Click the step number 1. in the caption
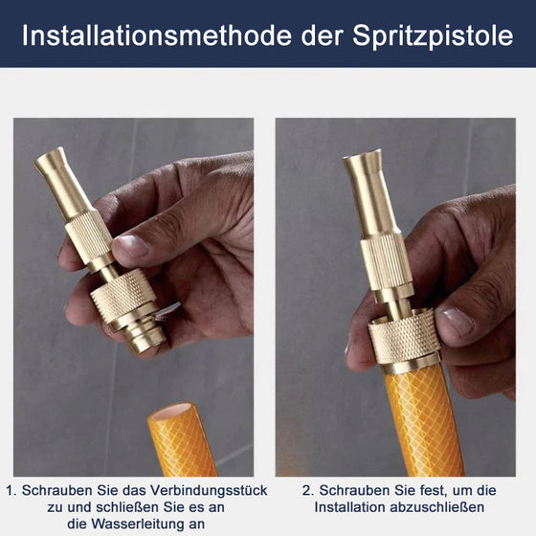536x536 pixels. tap(11, 490)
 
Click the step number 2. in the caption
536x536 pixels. tap(308, 490)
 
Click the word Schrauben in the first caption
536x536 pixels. tap(58, 490)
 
